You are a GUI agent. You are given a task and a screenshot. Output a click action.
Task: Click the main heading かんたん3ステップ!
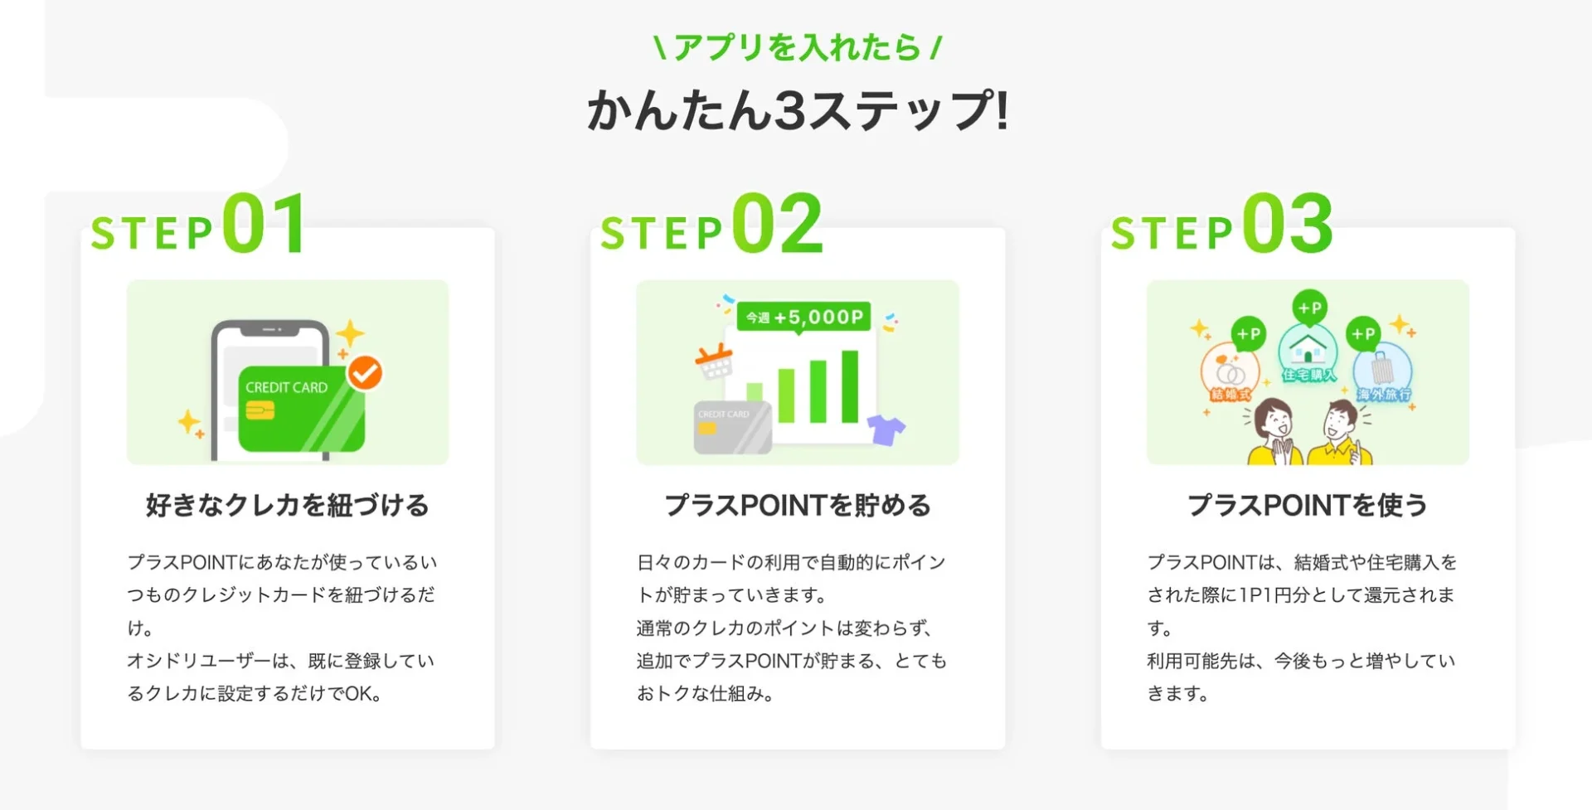(x=797, y=111)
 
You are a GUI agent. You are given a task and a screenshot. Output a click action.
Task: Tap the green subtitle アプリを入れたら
(x=797, y=47)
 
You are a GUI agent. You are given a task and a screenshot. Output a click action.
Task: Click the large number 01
(x=265, y=224)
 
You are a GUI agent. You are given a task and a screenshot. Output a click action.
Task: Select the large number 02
(x=777, y=224)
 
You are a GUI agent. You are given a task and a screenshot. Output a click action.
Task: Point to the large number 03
(x=1287, y=224)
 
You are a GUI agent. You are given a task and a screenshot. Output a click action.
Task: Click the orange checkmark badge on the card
(x=365, y=373)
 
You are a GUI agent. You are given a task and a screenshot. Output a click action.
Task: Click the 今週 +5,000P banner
(x=803, y=317)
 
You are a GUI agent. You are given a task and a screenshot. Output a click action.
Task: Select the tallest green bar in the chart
(x=850, y=386)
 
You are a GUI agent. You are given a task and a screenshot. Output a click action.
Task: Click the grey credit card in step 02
(x=732, y=427)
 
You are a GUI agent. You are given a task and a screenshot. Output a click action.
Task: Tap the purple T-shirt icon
(x=886, y=429)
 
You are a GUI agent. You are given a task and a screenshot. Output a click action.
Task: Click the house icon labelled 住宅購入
(x=1308, y=352)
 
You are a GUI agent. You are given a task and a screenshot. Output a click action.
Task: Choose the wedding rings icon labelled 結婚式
(x=1230, y=372)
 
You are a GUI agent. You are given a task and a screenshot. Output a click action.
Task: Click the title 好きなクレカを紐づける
(x=287, y=505)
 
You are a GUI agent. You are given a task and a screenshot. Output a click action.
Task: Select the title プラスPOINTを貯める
(x=797, y=505)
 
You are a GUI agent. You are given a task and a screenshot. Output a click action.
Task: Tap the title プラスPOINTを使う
(x=1307, y=505)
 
